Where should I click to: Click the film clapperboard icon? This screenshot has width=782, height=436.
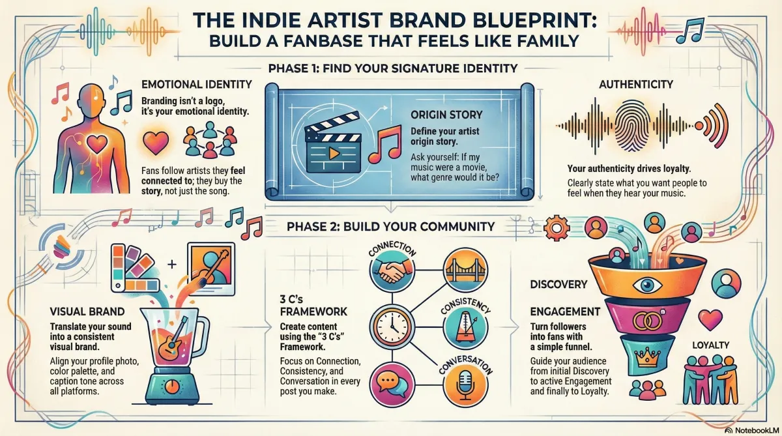click(x=333, y=143)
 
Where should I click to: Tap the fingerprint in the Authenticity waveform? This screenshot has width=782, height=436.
click(x=632, y=126)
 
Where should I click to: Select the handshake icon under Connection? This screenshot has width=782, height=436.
click(x=392, y=271)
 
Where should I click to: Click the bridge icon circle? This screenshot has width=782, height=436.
click(x=466, y=270)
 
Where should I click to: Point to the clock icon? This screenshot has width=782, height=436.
click(x=392, y=327)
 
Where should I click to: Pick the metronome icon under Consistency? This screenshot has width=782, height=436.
click(x=465, y=327)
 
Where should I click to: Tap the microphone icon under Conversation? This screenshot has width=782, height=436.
click(x=466, y=385)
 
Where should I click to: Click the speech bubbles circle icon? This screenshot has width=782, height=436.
click(x=392, y=385)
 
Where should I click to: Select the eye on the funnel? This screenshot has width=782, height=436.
click(x=647, y=285)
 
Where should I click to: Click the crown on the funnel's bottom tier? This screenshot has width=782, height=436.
click(x=648, y=357)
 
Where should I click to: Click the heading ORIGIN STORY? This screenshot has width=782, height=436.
click(x=446, y=115)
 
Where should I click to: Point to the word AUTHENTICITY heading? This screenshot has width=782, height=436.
click(x=636, y=85)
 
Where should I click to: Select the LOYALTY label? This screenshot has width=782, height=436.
click(x=711, y=345)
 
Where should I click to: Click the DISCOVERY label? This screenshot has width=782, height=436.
click(x=558, y=285)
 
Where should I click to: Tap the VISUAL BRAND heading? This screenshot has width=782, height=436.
click(x=87, y=312)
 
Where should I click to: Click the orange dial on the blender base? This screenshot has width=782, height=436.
click(x=171, y=386)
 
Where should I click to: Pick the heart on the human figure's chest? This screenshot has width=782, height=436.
click(x=96, y=143)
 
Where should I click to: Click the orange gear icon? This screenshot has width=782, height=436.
click(x=557, y=228)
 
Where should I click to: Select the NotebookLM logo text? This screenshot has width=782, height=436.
click(x=756, y=430)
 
